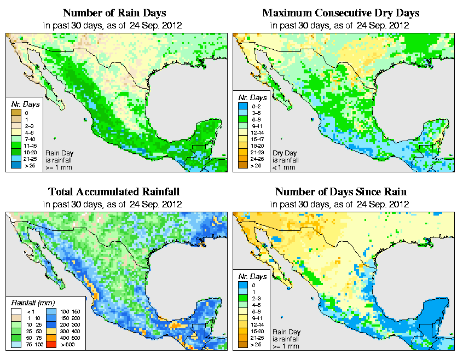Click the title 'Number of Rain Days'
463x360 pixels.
click(114, 13)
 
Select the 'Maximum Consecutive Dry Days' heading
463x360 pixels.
click(341, 13)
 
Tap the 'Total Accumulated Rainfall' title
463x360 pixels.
click(114, 192)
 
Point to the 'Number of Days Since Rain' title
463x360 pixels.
click(341, 192)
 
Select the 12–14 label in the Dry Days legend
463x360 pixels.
click(257, 132)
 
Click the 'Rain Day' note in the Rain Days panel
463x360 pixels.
click(58, 153)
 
